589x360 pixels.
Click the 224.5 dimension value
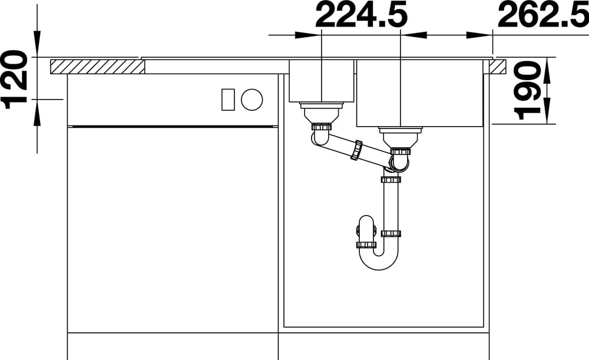(x=362, y=16)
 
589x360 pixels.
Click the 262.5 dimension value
(x=543, y=16)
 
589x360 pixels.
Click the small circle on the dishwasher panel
(x=252, y=100)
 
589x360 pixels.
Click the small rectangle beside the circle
(x=228, y=100)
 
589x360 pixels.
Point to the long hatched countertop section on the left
(x=97, y=67)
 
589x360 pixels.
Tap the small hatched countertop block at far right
(x=497, y=67)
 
